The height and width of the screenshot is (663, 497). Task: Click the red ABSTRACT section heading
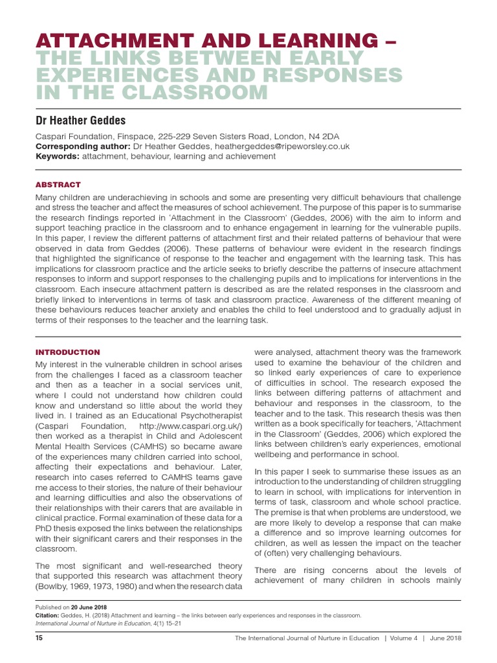(58, 185)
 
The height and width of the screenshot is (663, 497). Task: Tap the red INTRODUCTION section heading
(67, 352)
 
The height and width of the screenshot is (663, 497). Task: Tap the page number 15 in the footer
(38, 638)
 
